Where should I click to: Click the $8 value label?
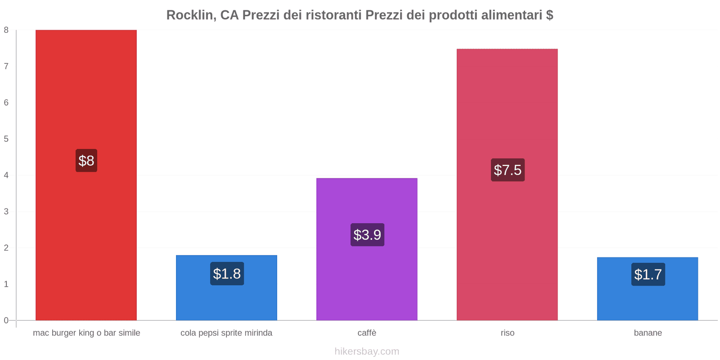pyautogui.click(x=86, y=161)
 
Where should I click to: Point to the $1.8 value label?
pyautogui.click(x=227, y=274)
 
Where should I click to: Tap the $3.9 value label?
pyautogui.click(x=367, y=235)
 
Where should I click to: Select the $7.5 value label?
pyautogui.click(x=508, y=170)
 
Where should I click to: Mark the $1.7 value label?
pyautogui.click(x=648, y=274)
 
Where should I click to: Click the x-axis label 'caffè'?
pyautogui.click(x=367, y=333)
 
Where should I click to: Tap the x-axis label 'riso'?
pyautogui.click(x=508, y=333)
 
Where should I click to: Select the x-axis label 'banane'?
pyautogui.click(x=648, y=333)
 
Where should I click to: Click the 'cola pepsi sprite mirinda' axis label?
pyautogui.click(x=226, y=333)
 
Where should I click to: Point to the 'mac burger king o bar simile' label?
pyautogui.click(x=86, y=333)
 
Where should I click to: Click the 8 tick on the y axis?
pyautogui.click(x=6, y=30)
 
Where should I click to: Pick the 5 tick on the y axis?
pyautogui.click(x=6, y=139)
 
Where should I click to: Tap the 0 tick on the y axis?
pyautogui.click(x=6, y=320)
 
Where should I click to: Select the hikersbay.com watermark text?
pyautogui.click(x=367, y=351)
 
